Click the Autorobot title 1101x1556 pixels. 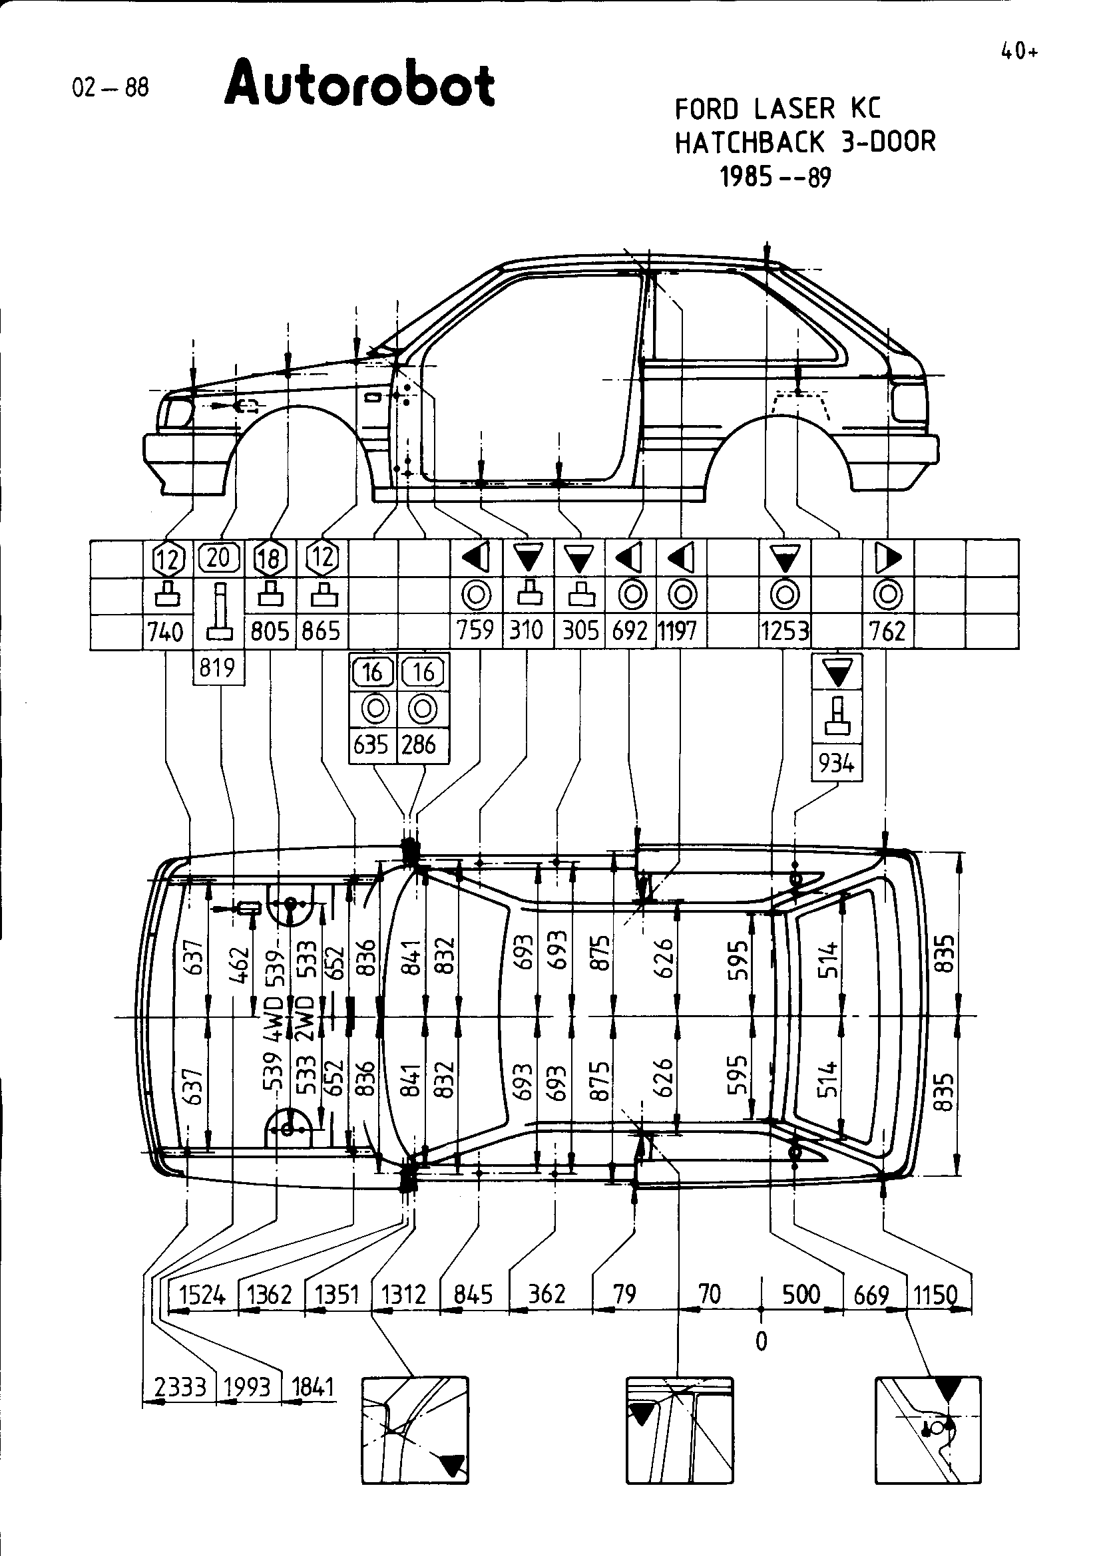click(359, 84)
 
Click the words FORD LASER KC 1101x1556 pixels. click(777, 109)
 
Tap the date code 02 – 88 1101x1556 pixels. click(110, 87)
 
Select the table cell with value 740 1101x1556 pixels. click(167, 631)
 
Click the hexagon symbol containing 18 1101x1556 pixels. click(270, 559)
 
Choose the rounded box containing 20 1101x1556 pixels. click(218, 557)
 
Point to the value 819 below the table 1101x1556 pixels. click(218, 668)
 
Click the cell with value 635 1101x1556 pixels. click(371, 745)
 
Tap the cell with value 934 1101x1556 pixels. click(836, 763)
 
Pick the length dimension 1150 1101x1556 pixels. click(935, 1295)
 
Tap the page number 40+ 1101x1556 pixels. click(1019, 52)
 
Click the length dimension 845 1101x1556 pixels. click(473, 1295)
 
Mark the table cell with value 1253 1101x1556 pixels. click(784, 631)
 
